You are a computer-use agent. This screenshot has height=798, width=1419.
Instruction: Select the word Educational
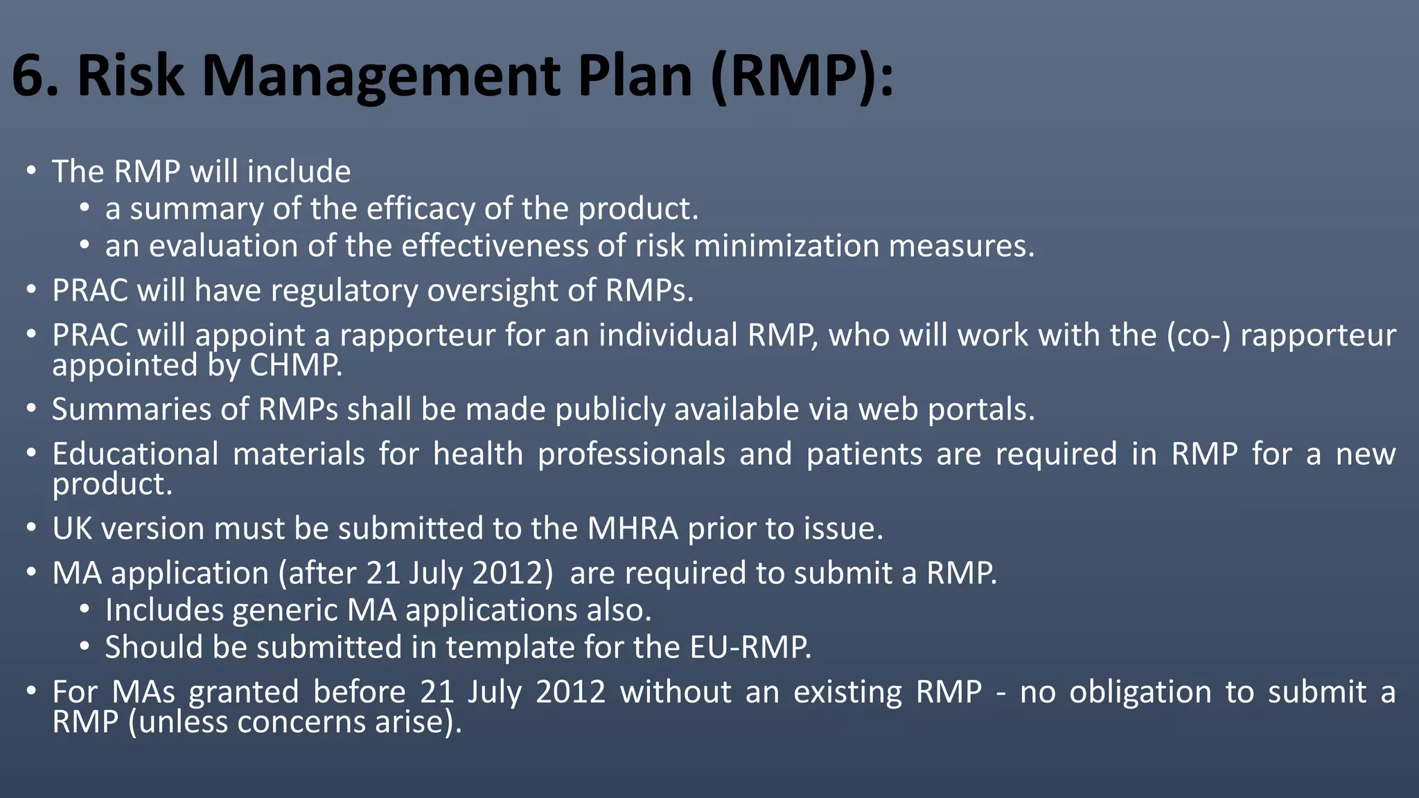click(x=135, y=454)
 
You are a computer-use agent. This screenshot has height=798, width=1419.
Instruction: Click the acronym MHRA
click(x=633, y=529)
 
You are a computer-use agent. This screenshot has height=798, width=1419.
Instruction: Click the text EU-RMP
click(x=750, y=648)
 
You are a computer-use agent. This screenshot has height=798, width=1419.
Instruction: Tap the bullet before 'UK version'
click(x=31, y=529)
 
